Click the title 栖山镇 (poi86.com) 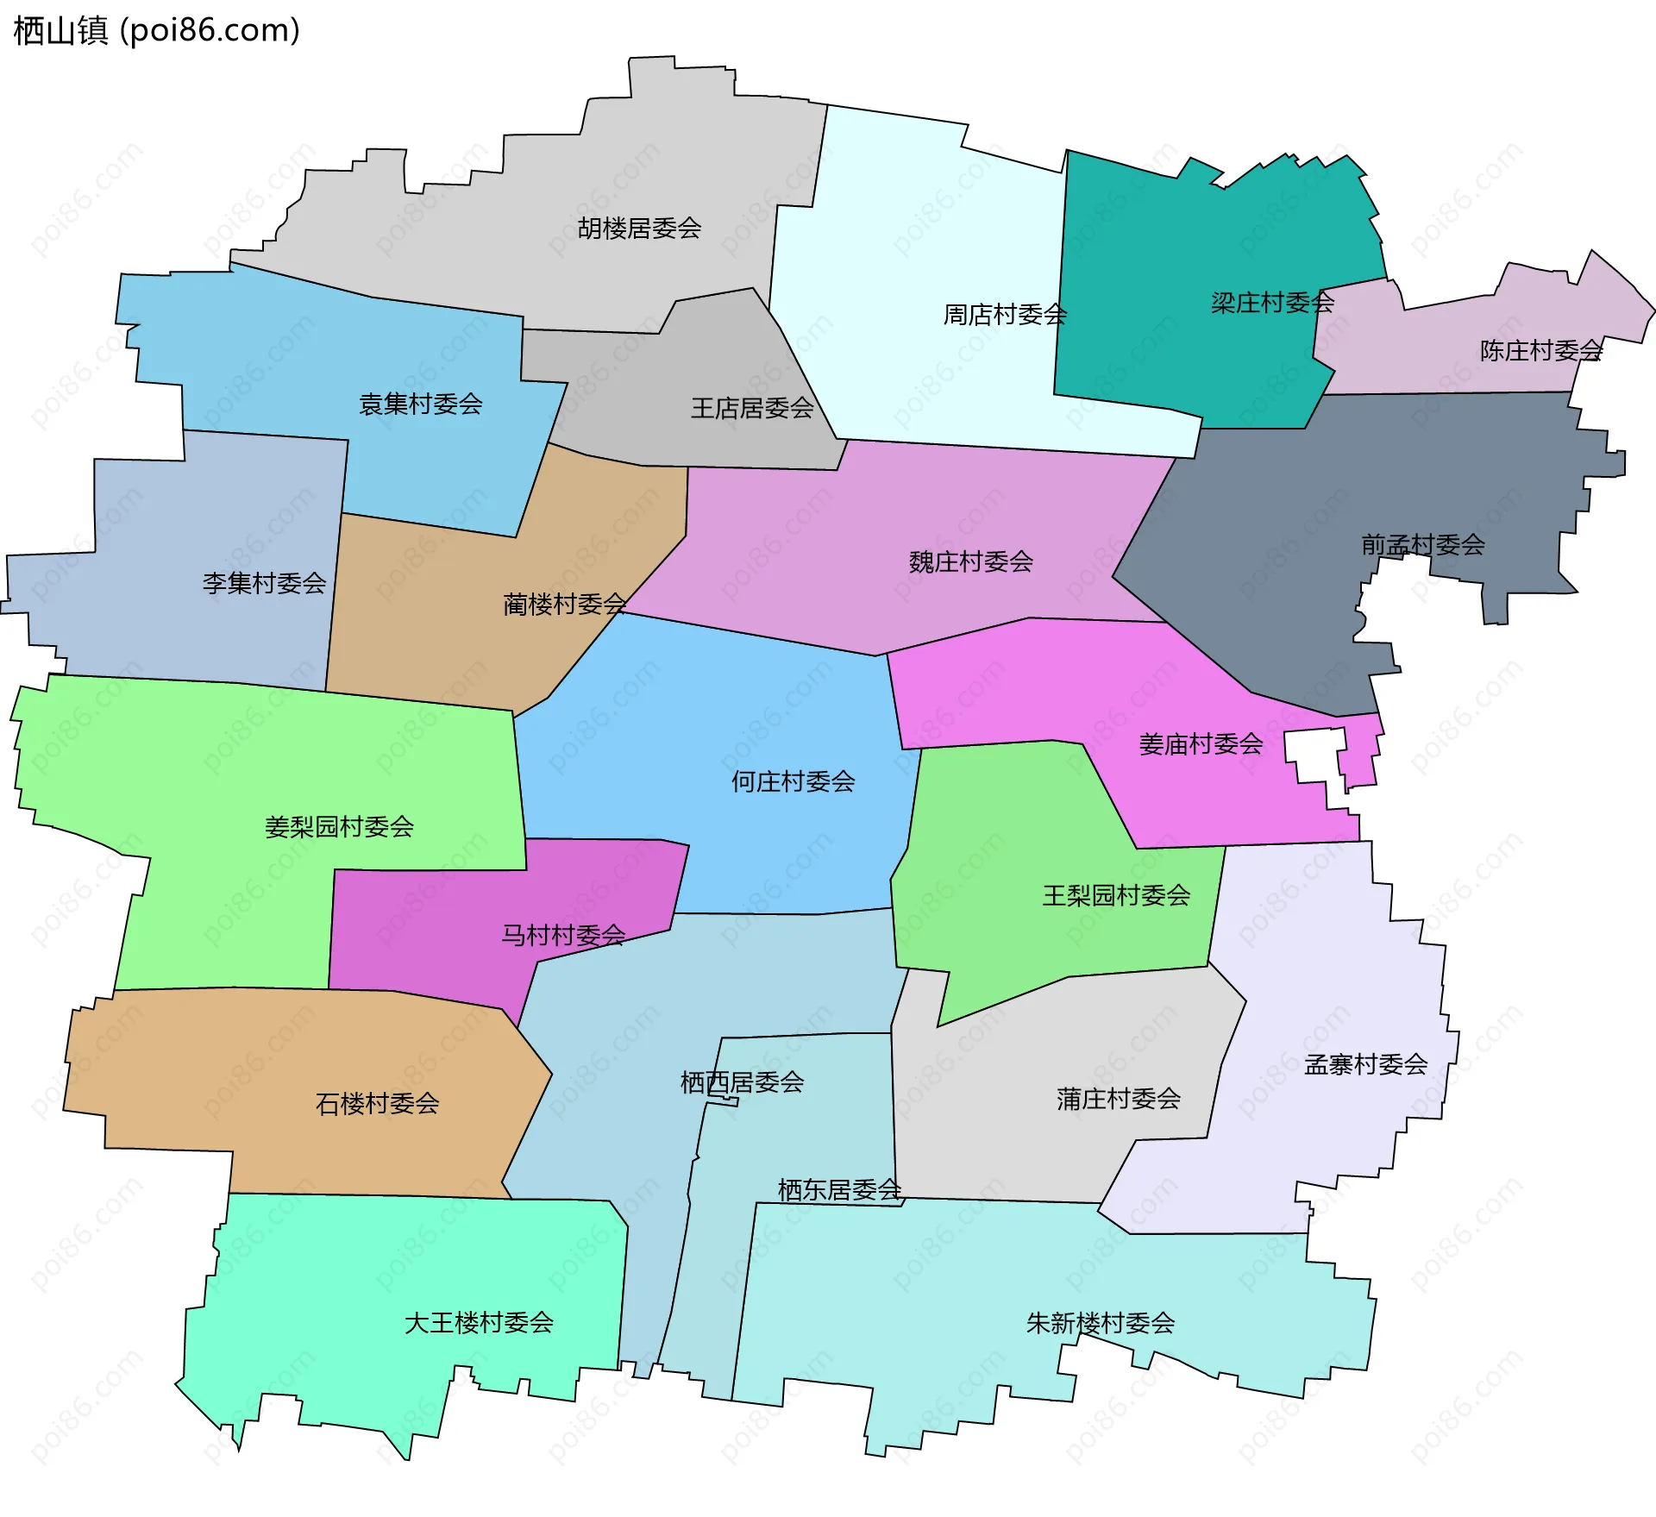[x=156, y=30]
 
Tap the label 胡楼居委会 [x=639, y=229]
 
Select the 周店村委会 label [x=1005, y=315]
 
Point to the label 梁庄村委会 [x=1272, y=303]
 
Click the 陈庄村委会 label [x=1541, y=351]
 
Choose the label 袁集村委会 [x=420, y=404]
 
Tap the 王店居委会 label [x=752, y=408]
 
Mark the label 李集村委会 [x=264, y=583]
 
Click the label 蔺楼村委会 [x=564, y=604]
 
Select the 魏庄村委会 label [x=970, y=562]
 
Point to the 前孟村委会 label [x=1422, y=545]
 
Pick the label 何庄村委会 [x=793, y=781]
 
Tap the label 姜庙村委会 [x=1201, y=744]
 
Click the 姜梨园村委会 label [x=339, y=827]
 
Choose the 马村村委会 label [x=563, y=935]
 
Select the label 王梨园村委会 [x=1116, y=895]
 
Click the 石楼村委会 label [x=377, y=1103]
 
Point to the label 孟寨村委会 [x=1365, y=1064]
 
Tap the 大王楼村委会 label [x=479, y=1322]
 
